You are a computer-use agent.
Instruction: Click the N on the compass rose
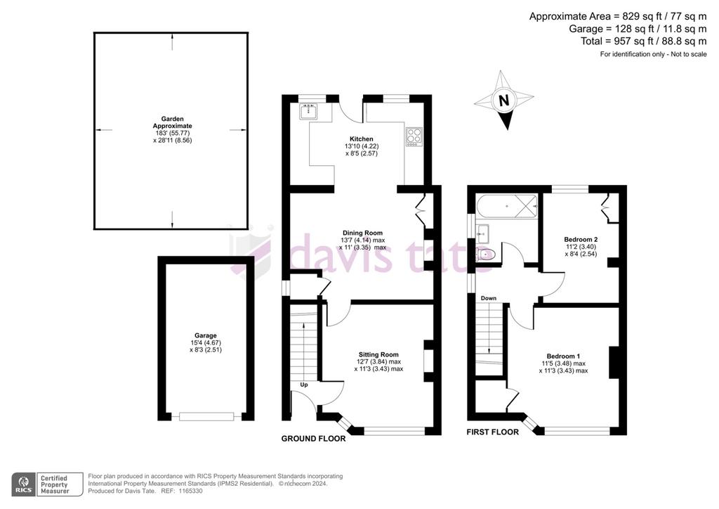coord(503,101)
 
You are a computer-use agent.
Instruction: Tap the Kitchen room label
coord(362,138)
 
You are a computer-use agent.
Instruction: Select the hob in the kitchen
coord(414,137)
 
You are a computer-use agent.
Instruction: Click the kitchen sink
coord(309,112)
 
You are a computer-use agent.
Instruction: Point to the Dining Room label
coord(362,233)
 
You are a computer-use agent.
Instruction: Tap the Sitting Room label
coord(378,354)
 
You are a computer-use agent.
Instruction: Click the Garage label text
coord(206,335)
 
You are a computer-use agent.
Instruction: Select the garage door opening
coord(206,416)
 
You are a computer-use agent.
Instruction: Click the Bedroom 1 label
coord(563,356)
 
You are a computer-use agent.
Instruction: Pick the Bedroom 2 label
coord(581,239)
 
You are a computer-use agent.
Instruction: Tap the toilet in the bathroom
coord(484,254)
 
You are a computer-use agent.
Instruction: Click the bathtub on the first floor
coord(507,206)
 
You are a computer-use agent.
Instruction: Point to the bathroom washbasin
coord(482,233)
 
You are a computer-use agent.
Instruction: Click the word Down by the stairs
coord(489,298)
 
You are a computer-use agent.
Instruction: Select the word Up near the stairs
coord(304,385)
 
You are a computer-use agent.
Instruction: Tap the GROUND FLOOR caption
coord(314,439)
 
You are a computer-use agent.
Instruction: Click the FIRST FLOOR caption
coord(492,432)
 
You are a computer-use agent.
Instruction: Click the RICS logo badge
coord(23,484)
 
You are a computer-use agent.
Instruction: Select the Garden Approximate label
coord(173,122)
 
